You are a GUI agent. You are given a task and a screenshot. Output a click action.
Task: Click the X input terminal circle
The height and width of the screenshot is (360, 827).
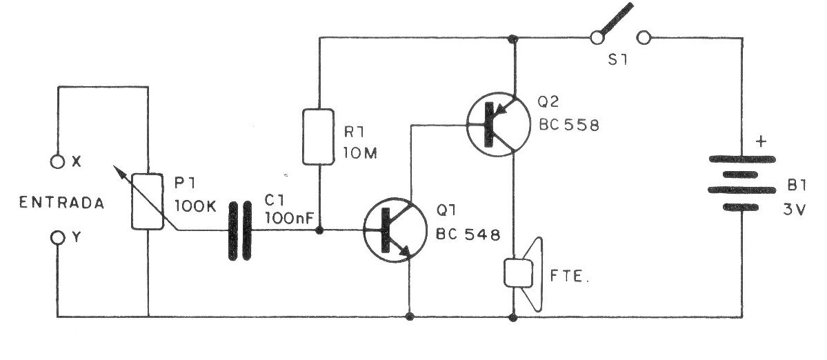58,162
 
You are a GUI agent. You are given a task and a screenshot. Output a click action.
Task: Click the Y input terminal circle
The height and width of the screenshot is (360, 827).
58,238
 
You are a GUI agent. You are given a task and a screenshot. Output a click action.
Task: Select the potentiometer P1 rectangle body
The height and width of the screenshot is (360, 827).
148,201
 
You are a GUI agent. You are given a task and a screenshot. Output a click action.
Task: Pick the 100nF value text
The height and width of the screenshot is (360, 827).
290,217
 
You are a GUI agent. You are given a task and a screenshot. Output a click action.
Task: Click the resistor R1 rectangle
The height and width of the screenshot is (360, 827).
319,137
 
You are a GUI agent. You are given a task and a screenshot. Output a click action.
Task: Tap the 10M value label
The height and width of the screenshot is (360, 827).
358,152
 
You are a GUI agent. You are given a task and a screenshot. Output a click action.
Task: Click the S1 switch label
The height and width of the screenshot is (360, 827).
618,60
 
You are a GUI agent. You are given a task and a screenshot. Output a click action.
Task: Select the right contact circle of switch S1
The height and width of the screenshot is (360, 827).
645,39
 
